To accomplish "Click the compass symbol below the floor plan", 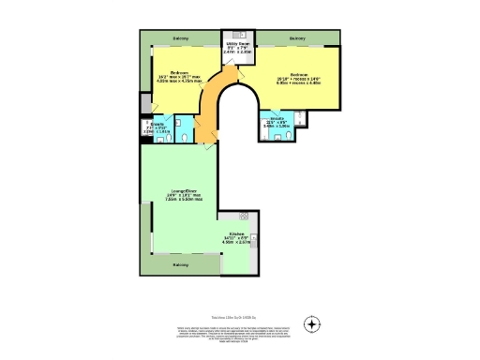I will (x=312, y=325).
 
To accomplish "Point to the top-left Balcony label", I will (x=181, y=38).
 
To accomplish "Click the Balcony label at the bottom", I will (x=179, y=264).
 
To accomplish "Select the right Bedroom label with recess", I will (x=300, y=78).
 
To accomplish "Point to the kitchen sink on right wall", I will (x=251, y=246).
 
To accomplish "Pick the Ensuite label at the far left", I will (x=157, y=128).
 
